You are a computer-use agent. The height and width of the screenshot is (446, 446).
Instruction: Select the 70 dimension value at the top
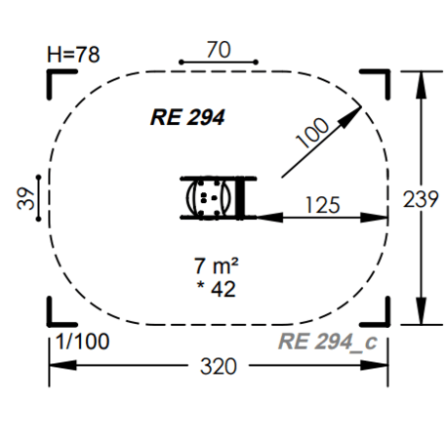[219, 50]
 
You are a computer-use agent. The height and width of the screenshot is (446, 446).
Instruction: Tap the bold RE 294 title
[187, 118]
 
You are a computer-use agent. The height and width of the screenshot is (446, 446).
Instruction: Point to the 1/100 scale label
[82, 342]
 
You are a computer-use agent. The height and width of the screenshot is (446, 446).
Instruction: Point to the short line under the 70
[219, 62]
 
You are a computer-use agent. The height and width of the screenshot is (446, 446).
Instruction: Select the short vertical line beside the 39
[37, 198]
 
